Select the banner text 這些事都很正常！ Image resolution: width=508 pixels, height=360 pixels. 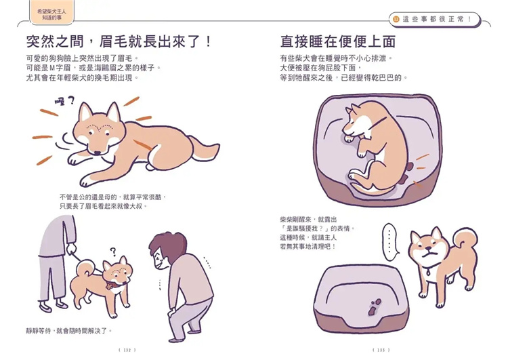(x=438, y=19)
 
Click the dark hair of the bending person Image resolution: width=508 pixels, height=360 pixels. (x=162, y=247)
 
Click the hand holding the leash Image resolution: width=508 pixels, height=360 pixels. (x=70, y=249)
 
